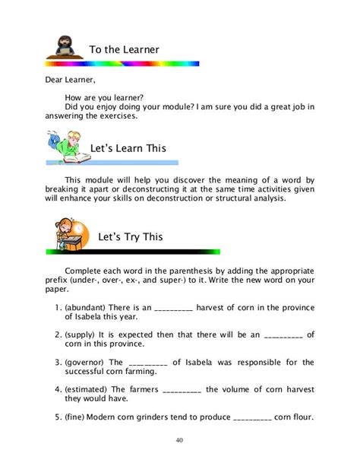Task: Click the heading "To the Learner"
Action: [125, 49]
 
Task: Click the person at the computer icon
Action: [62, 47]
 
